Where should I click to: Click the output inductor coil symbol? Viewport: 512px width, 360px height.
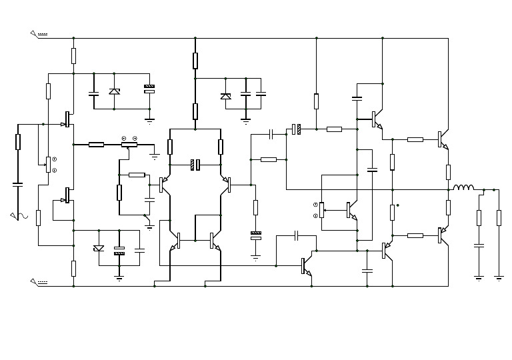(463, 189)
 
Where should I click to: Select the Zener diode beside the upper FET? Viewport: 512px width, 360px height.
(114, 91)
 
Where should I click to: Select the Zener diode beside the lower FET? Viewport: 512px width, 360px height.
(99, 249)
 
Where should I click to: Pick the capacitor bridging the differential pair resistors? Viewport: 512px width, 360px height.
(195, 164)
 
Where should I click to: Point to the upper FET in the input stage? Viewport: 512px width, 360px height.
(67, 119)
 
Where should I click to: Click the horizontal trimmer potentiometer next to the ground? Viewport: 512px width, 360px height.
(129, 144)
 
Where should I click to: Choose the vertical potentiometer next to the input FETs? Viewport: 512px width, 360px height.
(48, 164)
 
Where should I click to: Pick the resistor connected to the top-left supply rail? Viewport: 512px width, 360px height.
(73, 55)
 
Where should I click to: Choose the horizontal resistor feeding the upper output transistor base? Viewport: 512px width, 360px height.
(415, 139)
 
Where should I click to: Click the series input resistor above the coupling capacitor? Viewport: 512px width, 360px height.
(18, 141)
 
